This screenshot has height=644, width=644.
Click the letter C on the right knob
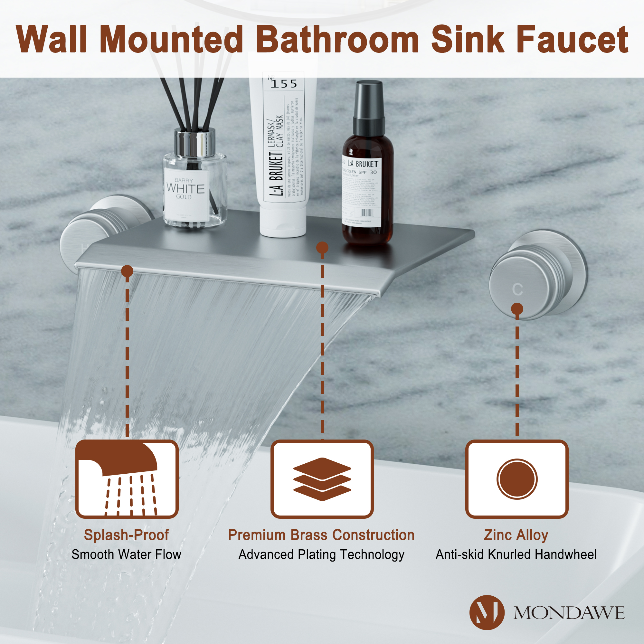pos(517,289)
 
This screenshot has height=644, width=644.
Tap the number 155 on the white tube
pos(284,83)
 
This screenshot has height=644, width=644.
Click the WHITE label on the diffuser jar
pos(185,189)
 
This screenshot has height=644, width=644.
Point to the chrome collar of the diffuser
pos(195,143)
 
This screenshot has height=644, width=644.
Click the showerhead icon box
pos(127,479)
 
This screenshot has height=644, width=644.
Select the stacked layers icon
pos(322,479)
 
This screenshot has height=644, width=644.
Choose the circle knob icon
pos(517,479)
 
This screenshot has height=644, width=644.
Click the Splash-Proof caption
pos(126,535)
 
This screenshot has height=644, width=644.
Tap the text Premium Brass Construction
pos(321,535)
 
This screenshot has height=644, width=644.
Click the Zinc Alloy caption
pos(516,535)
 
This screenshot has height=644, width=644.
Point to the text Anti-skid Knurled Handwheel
pos(516,554)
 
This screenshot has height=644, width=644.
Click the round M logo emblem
pos(487,612)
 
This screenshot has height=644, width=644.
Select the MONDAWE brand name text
pos(569,613)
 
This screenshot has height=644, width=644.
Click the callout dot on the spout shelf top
pos(322,247)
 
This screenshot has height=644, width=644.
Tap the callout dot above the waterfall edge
pos(127,271)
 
